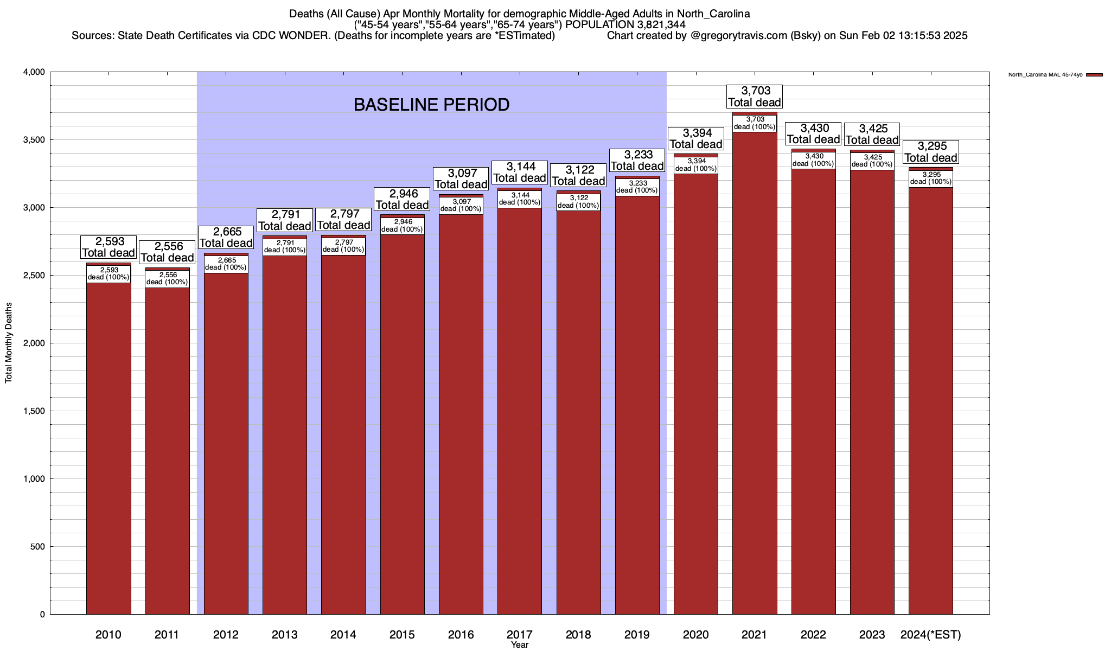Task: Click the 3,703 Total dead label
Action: click(x=755, y=97)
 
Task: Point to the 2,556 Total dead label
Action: click(x=167, y=252)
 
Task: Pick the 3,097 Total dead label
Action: click(x=461, y=178)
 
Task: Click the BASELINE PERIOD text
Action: click(x=431, y=105)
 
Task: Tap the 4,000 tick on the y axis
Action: click(x=34, y=72)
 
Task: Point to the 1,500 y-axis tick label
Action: click(x=34, y=411)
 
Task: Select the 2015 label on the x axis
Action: click(x=402, y=635)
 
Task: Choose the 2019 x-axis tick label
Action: click(x=637, y=635)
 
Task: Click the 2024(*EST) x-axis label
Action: click(x=930, y=635)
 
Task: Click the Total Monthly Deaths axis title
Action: click(x=9, y=342)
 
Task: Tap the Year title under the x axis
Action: click(x=519, y=645)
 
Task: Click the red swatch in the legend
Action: click(x=1095, y=75)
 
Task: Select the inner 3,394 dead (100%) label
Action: click(x=696, y=165)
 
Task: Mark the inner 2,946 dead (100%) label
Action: click(x=402, y=226)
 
